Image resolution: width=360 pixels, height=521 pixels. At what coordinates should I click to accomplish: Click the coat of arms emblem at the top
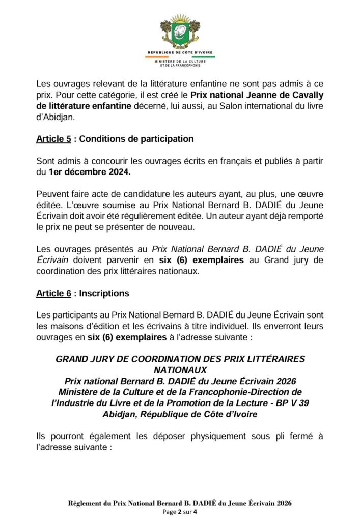pos(180,32)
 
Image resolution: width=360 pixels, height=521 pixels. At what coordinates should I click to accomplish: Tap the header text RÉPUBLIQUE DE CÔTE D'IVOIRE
pos(180,53)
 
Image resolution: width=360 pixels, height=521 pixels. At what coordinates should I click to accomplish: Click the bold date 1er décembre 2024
pos(89,172)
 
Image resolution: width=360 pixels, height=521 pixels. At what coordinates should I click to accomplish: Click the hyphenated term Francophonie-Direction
pos(239,392)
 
